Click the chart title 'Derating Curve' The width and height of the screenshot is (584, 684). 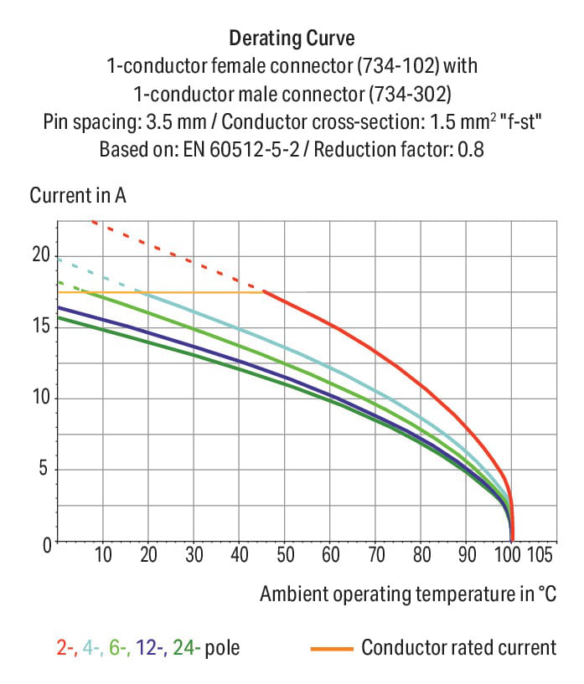pyautogui.click(x=292, y=39)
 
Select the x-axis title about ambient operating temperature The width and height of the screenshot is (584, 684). pyautogui.click(x=408, y=594)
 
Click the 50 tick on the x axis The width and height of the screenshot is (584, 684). pyautogui.click(x=285, y=556)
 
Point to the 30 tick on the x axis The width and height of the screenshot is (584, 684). pyautogui.click(x=194, y=556)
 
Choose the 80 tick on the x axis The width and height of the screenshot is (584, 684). pyautogui.click(x=421, y=556)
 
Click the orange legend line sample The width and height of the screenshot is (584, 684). pyautogui.click(x=330, y=648)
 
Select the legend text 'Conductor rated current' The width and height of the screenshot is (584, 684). pyautogui.click(x=458, y=647)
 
